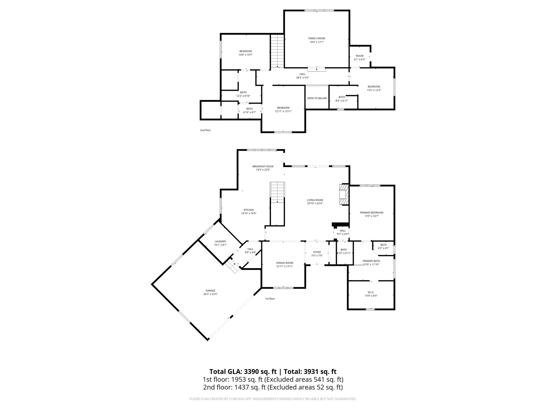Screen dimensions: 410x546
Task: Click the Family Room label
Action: (x=317, y=38)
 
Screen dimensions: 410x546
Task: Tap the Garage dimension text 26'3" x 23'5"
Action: (x=210, y=294)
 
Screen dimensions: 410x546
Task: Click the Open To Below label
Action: (x=317, y=98)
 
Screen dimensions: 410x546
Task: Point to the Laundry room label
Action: (x=220, y=241)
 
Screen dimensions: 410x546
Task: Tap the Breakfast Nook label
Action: (x=263, y=166)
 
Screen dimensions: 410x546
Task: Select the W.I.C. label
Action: (x=371, y=292)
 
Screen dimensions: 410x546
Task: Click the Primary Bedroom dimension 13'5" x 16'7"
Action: (x=371, y=216)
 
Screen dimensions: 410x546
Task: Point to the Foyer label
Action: (x=317, y=252)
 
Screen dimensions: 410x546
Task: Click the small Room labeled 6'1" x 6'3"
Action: (x=359, y=58)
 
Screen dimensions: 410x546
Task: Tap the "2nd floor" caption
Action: (x=205, y=130)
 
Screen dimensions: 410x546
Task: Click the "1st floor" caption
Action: (x=270, y=299)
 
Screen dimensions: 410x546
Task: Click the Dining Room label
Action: (x=284, y=263)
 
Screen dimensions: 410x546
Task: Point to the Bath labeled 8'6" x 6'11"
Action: (x=342, y=99)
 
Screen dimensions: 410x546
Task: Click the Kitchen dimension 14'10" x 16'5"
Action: (x=248, y=213)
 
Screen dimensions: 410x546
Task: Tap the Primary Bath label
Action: (x=371, y=261)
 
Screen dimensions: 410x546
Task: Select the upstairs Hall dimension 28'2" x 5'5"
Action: (x=302, y=78)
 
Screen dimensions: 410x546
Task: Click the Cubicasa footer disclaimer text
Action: (x=273, y=399)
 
